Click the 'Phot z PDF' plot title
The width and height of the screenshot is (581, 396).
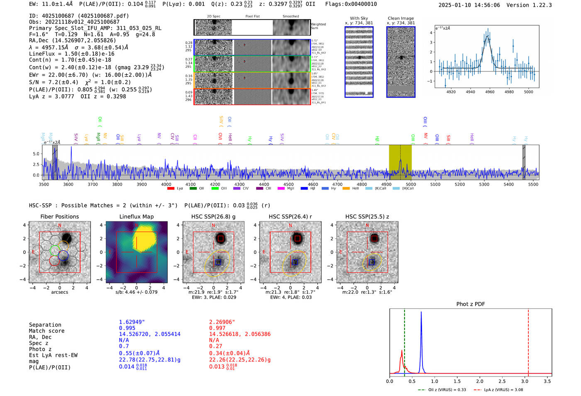(471, 304)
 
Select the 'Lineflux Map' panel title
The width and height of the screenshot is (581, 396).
(137, 216)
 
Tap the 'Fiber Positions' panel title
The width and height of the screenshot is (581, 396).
(59, 216)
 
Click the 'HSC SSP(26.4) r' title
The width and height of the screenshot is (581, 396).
(290, 216)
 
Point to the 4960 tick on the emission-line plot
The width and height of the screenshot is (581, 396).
(490, 92)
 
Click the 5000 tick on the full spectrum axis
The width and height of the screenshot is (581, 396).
(411, 184)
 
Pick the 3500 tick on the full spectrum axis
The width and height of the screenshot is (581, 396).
(44, 184)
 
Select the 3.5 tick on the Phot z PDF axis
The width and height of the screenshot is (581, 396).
(547, 381)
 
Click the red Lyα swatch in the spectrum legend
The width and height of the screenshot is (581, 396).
(171, 189)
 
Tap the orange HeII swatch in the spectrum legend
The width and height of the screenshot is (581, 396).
(346, 189)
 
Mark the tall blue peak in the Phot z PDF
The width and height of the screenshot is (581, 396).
(421, 312)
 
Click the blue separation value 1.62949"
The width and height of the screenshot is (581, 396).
(132, 322)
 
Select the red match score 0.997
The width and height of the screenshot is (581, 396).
(217, 328)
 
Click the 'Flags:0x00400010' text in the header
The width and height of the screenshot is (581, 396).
(351, 4)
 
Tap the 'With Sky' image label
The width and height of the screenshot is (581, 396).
(359, 18)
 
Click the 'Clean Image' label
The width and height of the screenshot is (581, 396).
(400, 18)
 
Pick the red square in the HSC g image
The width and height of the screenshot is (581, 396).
(220, 239)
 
